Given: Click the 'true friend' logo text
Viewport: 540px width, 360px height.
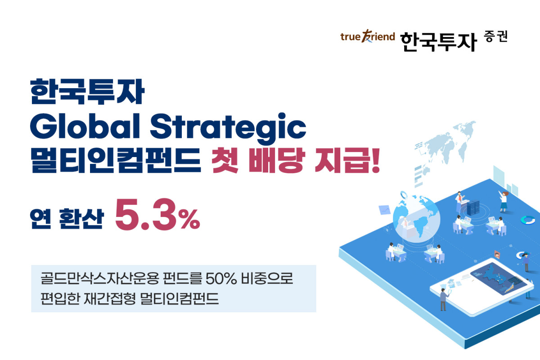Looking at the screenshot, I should point(367,37).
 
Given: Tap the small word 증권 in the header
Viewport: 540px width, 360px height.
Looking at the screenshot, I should point(496,36).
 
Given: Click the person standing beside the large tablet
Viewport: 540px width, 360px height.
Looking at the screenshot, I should point(443,299).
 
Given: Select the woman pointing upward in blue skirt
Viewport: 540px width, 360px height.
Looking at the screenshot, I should point(504,200).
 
